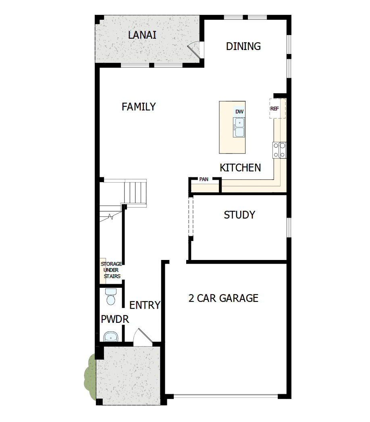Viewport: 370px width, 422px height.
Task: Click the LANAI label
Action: [142, 35]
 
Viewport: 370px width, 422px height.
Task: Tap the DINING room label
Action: [243, 46]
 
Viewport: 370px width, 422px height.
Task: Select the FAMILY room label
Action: [139, 107]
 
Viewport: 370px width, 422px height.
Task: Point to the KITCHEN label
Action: [240, 168]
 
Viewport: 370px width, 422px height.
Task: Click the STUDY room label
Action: [239, 215]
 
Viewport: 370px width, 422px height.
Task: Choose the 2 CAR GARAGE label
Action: [223, 298]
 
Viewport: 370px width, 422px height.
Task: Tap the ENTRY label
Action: [145, 305]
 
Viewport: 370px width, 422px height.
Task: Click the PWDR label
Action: [114, 320]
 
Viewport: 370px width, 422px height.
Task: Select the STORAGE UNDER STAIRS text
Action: [111, 270]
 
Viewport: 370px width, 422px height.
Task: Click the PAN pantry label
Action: [204, 179]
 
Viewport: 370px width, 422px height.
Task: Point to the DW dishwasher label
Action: [239, 112]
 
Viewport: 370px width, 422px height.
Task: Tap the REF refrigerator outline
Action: [277, 108]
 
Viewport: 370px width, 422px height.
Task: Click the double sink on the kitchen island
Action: [239, 127]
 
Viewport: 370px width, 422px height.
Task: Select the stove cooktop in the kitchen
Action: [279, 150]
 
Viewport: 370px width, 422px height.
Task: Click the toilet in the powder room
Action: [110, 297]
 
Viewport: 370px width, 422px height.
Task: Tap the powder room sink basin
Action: [110, 336]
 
